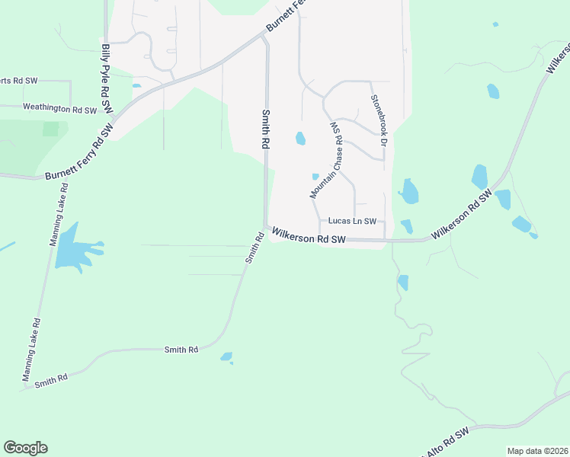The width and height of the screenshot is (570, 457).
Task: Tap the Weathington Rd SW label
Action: [59, 110]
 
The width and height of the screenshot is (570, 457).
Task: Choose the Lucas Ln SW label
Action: [352, 221]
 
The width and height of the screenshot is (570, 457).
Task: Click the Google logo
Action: [25, 448]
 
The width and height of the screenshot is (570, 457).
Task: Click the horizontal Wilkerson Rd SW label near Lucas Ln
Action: [309, 238]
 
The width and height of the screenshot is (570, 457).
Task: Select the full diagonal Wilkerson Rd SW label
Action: [462, 219]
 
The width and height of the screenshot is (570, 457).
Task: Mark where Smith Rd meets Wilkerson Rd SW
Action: [266, 228]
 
